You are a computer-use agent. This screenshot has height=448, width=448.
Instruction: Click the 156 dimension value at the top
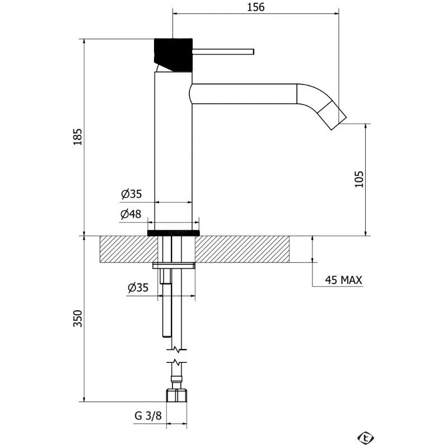256,7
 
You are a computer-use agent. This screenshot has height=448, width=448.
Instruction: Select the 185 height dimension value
77,137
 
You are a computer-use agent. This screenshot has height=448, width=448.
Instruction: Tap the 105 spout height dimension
359,179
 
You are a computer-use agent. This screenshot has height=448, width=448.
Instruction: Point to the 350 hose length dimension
77,318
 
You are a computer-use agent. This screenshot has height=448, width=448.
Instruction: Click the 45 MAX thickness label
343,280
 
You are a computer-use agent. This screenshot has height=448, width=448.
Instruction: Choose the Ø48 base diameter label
131,214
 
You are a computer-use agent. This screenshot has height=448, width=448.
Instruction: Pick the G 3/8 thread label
148,416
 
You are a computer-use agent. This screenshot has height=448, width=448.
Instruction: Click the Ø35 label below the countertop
138,287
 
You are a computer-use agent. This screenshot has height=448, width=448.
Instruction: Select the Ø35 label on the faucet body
132,194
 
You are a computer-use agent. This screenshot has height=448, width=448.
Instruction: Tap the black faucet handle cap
173,54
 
